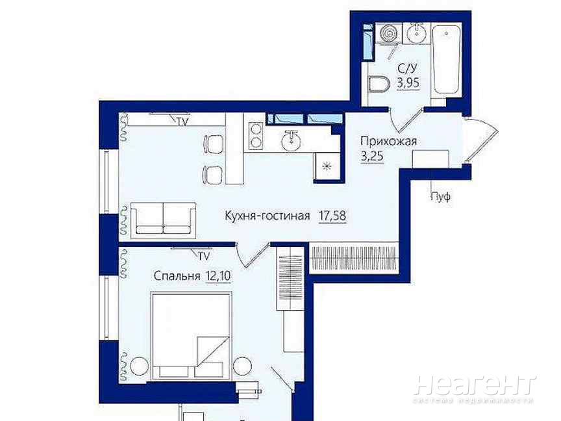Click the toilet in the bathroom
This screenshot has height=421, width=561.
click(379, 84)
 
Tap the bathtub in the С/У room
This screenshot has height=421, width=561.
click(446, 60)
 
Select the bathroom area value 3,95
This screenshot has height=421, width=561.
click(408, 83)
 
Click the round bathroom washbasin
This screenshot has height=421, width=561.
click(416, 33)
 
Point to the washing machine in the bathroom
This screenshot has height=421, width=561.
click(388, 33)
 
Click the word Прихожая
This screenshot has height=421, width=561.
click(388, 141)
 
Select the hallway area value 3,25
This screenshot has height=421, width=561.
click(372, 157)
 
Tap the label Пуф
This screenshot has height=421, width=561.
click(441, 197)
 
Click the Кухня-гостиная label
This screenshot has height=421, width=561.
click(268, 216)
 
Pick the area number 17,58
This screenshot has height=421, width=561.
click(332, 216)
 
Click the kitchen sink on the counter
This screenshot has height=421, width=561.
click(291, 140)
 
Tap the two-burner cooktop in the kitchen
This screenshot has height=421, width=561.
click(255, 135)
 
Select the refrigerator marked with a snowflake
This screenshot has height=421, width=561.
click(326, 166)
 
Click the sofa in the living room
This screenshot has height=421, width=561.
click(163, 220)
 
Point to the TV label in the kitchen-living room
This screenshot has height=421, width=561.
click(182, 121)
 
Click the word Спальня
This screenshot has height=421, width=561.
click(177, 276)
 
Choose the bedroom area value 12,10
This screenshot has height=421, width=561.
click(218, 276)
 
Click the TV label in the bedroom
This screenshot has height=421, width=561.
click(204, 256)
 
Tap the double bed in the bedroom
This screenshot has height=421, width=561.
click(192, 336)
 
